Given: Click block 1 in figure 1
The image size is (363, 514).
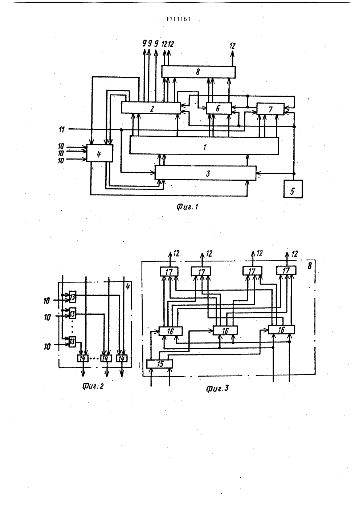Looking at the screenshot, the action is coord(204,146).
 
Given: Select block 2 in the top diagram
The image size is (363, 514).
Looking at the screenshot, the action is coord(151,108).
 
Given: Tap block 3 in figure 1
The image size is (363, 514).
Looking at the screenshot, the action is coord(205,173).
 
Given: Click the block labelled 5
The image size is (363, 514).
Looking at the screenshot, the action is coord(293,189).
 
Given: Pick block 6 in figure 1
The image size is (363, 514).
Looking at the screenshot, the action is coord(219,108).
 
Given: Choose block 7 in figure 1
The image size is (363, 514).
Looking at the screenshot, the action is coord(270,109).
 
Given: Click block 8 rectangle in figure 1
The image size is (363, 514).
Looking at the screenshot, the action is coord(199,72).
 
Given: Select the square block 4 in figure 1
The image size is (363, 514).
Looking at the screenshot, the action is coord(100,153).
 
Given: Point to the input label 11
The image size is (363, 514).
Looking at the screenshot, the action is coord(62,130).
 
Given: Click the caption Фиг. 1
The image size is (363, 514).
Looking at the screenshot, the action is coord(187,207).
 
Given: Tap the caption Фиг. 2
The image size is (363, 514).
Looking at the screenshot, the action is coord(93,387).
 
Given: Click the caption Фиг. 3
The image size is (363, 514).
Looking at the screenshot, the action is coord(217,389).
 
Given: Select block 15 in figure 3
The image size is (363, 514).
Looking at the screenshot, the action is coord(159,364).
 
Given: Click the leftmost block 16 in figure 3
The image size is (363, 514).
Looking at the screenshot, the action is coord(171,331).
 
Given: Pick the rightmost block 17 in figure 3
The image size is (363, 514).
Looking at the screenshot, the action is coord(286,270).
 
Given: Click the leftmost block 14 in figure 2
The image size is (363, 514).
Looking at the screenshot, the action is coord(83,358).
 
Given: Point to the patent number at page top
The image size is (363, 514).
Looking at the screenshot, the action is coord(179,19).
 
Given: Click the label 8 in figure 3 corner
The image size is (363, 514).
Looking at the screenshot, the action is coord(310,266).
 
